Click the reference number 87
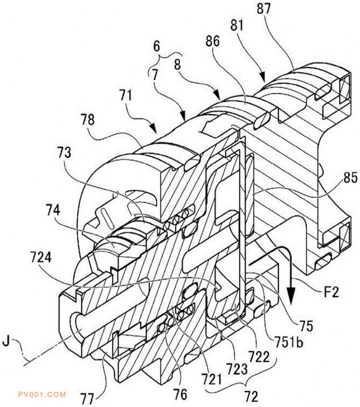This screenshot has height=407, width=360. (264, 8)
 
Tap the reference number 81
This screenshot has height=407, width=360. (237, 25)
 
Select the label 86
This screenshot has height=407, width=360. (213, 41)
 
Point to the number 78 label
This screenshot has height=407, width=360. (87, 120)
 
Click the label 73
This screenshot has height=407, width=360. (64, 152)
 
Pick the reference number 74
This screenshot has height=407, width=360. (53, 210)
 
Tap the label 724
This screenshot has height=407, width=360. (41, 258)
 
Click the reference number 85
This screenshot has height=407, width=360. (350, 178)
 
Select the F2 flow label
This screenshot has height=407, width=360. (331, 292)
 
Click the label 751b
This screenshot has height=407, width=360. (288, 342)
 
